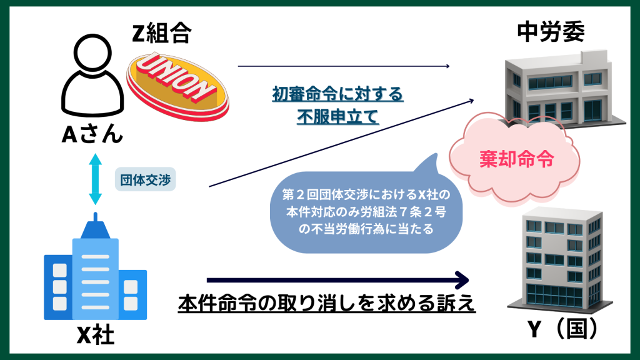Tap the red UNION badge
[x=177, y=84]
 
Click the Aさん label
[x=92, y=135]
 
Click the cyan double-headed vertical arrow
[x=95, y=180]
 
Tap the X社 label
[x=95, y=336]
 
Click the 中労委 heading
[x=551, y=33]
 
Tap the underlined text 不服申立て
[x=337, y=117]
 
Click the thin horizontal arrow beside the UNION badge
[x=344, y=66]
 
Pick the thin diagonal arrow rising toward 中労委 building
[x=341, y=142]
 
